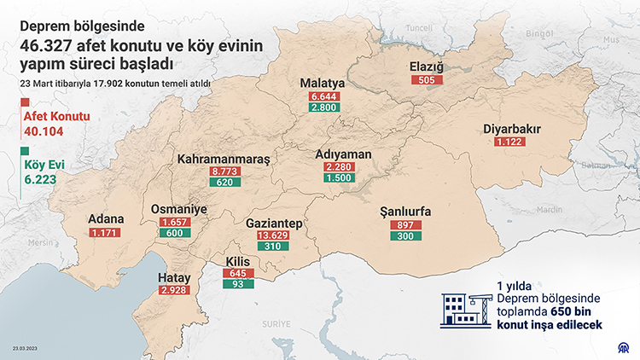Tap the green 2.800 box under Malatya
tap(325, 108)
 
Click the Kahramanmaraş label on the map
tap(224, 159)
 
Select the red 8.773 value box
tap(224, 171)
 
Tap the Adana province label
tap(106, 218)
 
